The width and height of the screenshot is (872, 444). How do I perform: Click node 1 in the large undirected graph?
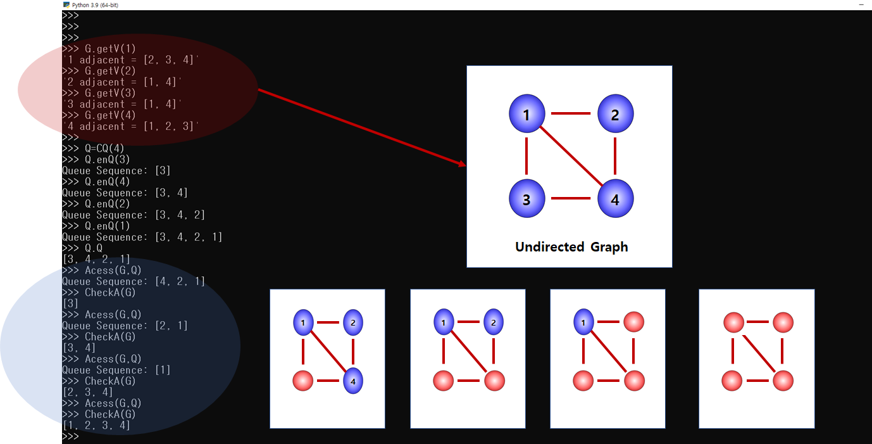tap(526, 114)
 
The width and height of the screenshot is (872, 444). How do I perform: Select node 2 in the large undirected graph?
tap(615, 114)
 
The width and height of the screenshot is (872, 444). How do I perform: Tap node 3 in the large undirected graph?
tap(526, 198)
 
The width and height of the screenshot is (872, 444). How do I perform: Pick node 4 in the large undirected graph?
tap(615, 198)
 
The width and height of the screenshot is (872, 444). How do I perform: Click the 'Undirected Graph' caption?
tap(571, 247)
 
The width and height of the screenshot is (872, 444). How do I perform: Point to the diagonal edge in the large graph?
tap(571, 156)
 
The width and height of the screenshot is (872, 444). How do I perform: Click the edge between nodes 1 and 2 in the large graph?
tap(571, 114)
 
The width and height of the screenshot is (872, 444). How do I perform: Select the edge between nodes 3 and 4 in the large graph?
tap(571, 198)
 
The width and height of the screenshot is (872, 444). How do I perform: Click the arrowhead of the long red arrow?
tap(463, 164)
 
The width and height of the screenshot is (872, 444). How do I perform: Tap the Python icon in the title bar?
tap(66, 4)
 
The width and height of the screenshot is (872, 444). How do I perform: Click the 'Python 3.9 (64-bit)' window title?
tap(95, 4)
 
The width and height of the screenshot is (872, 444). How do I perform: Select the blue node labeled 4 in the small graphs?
tap(352, 381)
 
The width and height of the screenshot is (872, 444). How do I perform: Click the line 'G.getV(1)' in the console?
tap(110, 49)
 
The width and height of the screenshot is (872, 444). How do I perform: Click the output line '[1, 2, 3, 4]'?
tap(96, 426)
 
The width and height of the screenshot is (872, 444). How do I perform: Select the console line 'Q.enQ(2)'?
tap(108, 204)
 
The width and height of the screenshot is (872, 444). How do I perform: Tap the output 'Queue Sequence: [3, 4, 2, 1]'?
tap(142, 237)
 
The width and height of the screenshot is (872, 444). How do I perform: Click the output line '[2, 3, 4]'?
tap(87, 392)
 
